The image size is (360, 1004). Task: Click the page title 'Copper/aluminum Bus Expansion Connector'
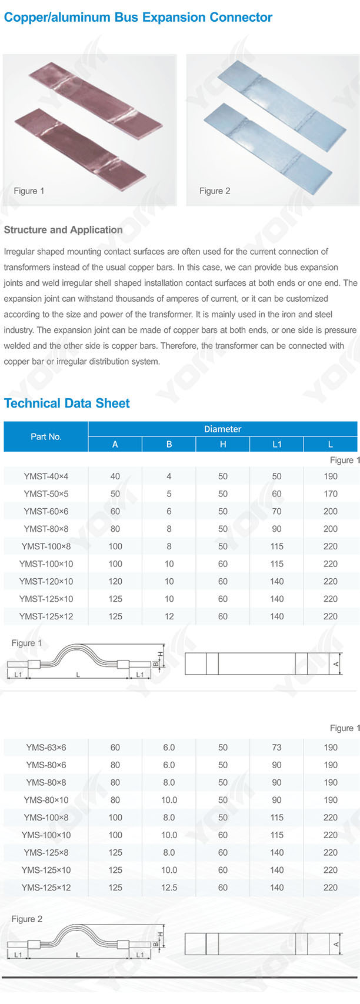[138, 17]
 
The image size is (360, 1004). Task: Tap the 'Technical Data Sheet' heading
[66, 403]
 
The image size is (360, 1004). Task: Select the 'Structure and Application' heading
[63, 230]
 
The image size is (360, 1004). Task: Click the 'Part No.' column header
[46, 436]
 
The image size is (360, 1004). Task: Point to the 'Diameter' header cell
[222, 429]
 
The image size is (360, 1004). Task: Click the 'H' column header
[223, 444]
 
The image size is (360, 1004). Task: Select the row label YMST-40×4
[46, 476]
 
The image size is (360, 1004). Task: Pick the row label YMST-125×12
[46, 616]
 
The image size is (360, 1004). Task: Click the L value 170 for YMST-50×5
[331, 493]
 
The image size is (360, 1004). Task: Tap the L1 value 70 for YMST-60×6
[276, 511]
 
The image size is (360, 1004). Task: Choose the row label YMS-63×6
[46, 748]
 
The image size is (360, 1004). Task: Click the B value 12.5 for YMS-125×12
[169, 888]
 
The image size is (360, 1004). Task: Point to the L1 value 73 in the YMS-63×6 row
[276, 748]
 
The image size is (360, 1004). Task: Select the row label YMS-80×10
[46, 800]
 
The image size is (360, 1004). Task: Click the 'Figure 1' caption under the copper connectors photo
[29, 191]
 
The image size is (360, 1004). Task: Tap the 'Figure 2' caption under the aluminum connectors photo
[215, 191]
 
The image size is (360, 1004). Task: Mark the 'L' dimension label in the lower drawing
[78, 955]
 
